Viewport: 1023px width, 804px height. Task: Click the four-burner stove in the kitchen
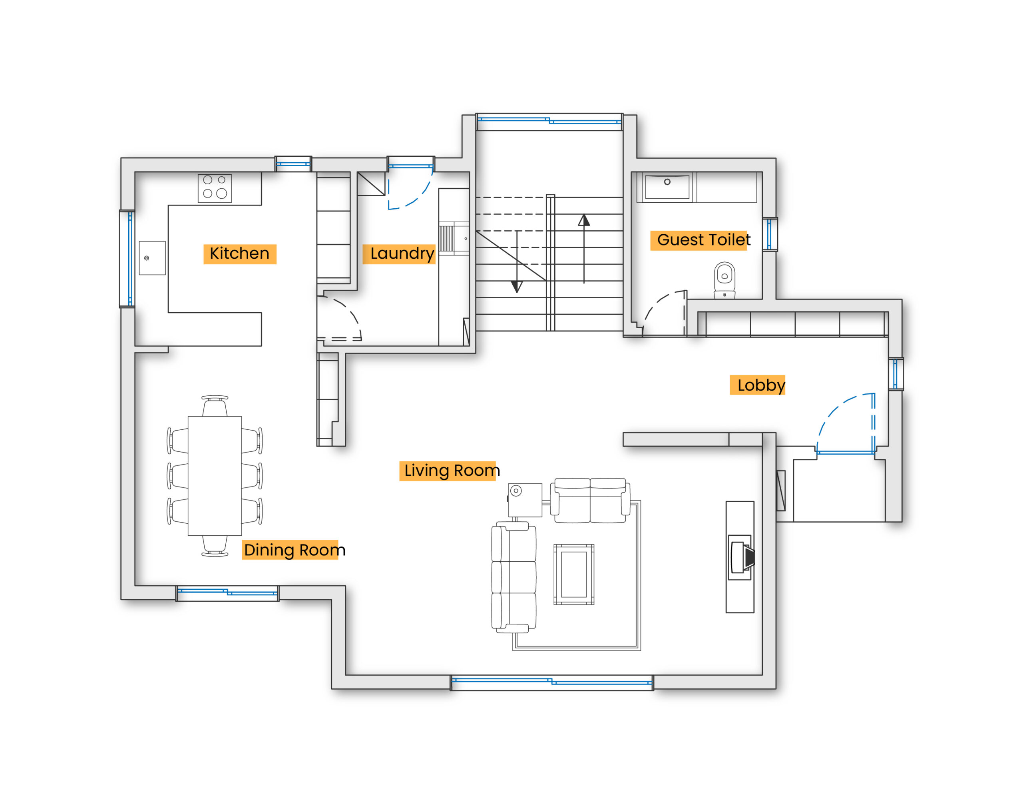[x=215, y=188]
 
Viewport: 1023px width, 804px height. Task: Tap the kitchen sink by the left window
[x=152, y=258]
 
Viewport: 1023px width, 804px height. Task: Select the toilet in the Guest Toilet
[x=724, y=281]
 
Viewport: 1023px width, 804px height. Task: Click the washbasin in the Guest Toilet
[x=667, y=187]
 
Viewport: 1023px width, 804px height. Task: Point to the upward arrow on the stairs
[x=584, y=249]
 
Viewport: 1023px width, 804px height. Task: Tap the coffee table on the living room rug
[x=573, y=574]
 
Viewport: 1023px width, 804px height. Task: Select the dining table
[x=215, y=476]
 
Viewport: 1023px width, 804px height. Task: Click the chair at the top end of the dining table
[x=215, y=406]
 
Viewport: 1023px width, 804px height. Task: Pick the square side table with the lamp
[x=525, y=500]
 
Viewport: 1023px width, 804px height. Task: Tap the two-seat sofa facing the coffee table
[x=590, y=501]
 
